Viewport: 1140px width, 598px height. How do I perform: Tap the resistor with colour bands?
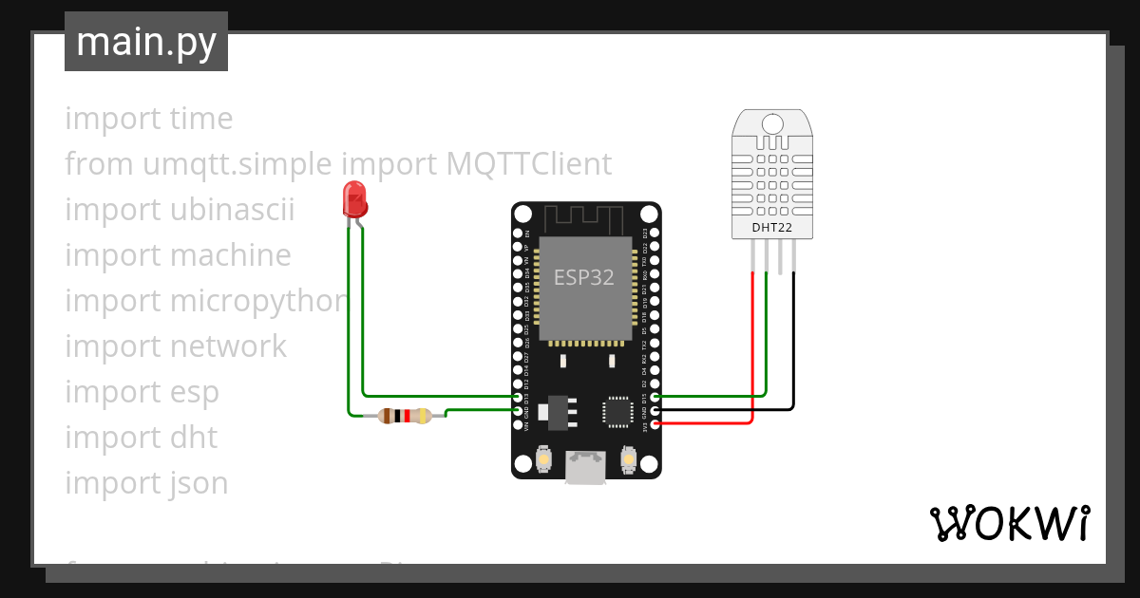point(405,415)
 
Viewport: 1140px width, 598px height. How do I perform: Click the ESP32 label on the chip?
point(584,277)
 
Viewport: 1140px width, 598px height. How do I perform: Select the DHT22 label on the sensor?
point(770,227)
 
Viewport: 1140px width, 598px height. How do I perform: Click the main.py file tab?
point(146,43)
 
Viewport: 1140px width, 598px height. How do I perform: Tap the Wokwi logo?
point(1009,523)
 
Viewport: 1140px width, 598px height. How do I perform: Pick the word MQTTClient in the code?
point(529,164)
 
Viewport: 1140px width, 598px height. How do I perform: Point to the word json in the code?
point(199,483)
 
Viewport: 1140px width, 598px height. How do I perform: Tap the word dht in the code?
point(194,438)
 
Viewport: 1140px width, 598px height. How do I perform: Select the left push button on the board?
point(544,460)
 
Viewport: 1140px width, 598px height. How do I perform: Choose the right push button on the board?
point(627,460)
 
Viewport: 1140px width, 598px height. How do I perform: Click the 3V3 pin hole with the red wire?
point(655,424)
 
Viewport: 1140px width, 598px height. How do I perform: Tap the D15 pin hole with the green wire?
point(655,397)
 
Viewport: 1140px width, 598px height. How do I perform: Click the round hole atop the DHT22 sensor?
point(771,124)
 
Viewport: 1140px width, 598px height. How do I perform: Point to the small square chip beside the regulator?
point(616,412)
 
